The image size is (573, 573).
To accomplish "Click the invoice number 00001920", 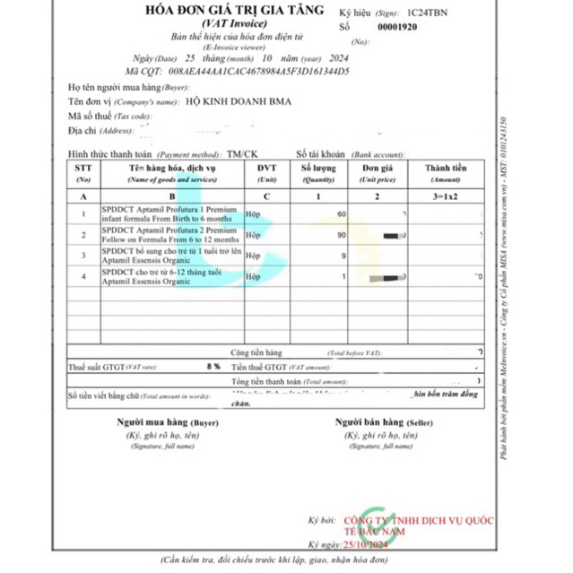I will [397, 28].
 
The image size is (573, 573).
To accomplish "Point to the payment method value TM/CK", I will [242, 153].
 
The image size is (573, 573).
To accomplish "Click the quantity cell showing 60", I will [341, 214].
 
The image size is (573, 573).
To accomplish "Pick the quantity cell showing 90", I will [341, 235].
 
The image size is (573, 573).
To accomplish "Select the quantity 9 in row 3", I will [343, 257].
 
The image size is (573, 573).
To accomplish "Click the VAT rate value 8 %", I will [213, 367].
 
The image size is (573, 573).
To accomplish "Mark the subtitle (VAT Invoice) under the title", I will [223, 25].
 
